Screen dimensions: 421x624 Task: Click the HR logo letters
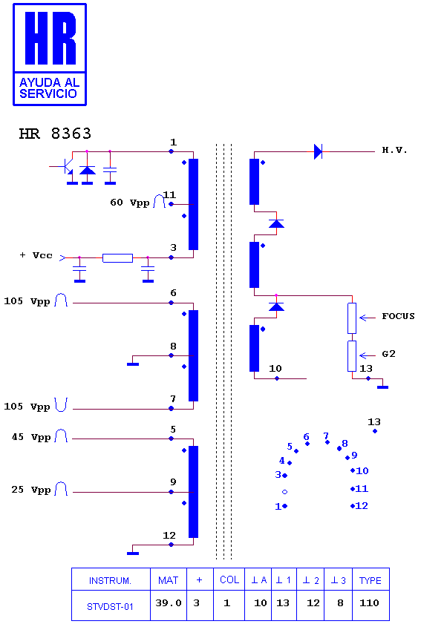[x=50, y=38]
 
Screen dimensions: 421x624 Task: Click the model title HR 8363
[x=55, y=134]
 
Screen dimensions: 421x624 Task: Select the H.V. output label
[x=395, y=150]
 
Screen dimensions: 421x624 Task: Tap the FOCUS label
[x=398, y=316]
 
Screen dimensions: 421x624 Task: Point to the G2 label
[x=389, y=354]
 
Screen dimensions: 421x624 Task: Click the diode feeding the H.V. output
[x=318, y=151]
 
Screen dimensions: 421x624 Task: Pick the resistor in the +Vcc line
[x=117, y=258]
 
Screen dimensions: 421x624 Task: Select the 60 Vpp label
[x=130, y=203]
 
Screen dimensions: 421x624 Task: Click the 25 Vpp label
[x=31, y=490]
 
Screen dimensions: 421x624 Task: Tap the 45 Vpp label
[x=31, y=437]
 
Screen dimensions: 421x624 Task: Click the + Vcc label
[x=36, y=255]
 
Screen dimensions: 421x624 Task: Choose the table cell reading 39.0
[x=168, y=603]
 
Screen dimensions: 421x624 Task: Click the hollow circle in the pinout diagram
[x=285, y=492]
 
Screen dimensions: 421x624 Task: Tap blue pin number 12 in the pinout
[x=362, y=506]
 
